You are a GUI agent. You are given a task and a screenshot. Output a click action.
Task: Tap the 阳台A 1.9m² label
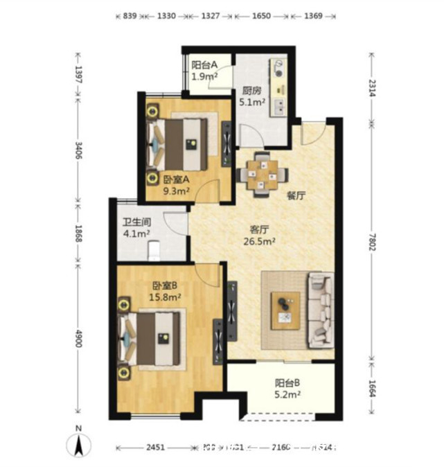(x=205, y=72)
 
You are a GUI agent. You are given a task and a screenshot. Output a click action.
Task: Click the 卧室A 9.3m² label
(x=177, y=184)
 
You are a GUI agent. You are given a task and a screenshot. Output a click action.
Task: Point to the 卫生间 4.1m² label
(x=137, y=228)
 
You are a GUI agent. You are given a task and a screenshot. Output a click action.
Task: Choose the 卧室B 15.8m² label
(x=166, y=291)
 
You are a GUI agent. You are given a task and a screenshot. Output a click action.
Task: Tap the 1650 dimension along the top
(x=262, y=15)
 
